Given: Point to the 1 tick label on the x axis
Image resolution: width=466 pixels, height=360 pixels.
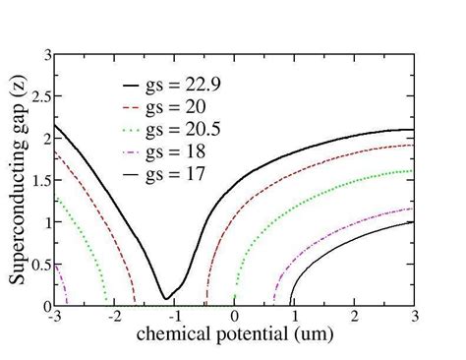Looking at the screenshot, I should (x=295, y=317).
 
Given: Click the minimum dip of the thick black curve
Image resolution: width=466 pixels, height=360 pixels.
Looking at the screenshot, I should (x=165, y=297).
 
